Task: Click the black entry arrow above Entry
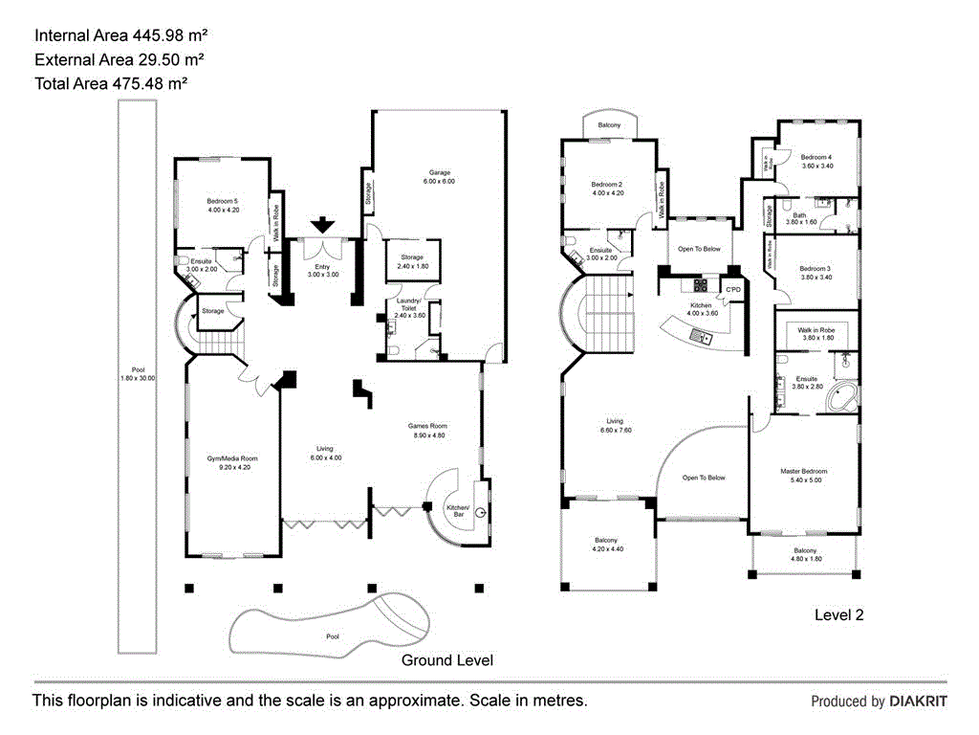click(x=323, y=225)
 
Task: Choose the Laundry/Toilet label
click(x=408, y=307)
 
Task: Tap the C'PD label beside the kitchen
click(x=734, y=289)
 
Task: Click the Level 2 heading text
click(x=838, y=615)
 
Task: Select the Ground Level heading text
click(x=446, y=660)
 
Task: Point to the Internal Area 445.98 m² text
click(x=121, y=35)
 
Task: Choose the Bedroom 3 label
click(x=815, y=272)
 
